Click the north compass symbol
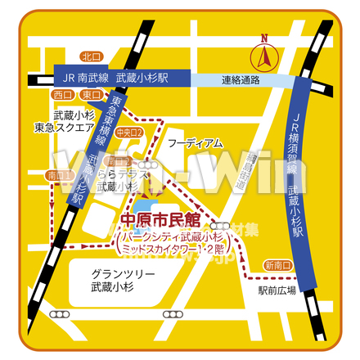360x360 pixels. pyautogui.click(x=264, y=56)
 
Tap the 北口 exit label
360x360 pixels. pyautogui.click(x=92, y=56)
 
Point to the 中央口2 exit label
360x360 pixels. pyautogui.click(x=129, y=132)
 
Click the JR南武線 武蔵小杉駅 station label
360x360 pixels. pyautogui.click(x=119, y=78)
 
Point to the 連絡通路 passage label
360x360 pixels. pyautogui.click(x=241, y=80)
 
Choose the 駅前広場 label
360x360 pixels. pyautogui.click(x=277, y=289)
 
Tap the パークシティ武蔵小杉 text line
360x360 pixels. pyautogui.click(x=176, y=234)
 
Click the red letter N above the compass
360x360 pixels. pyautogui.click(x=263, y=38)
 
